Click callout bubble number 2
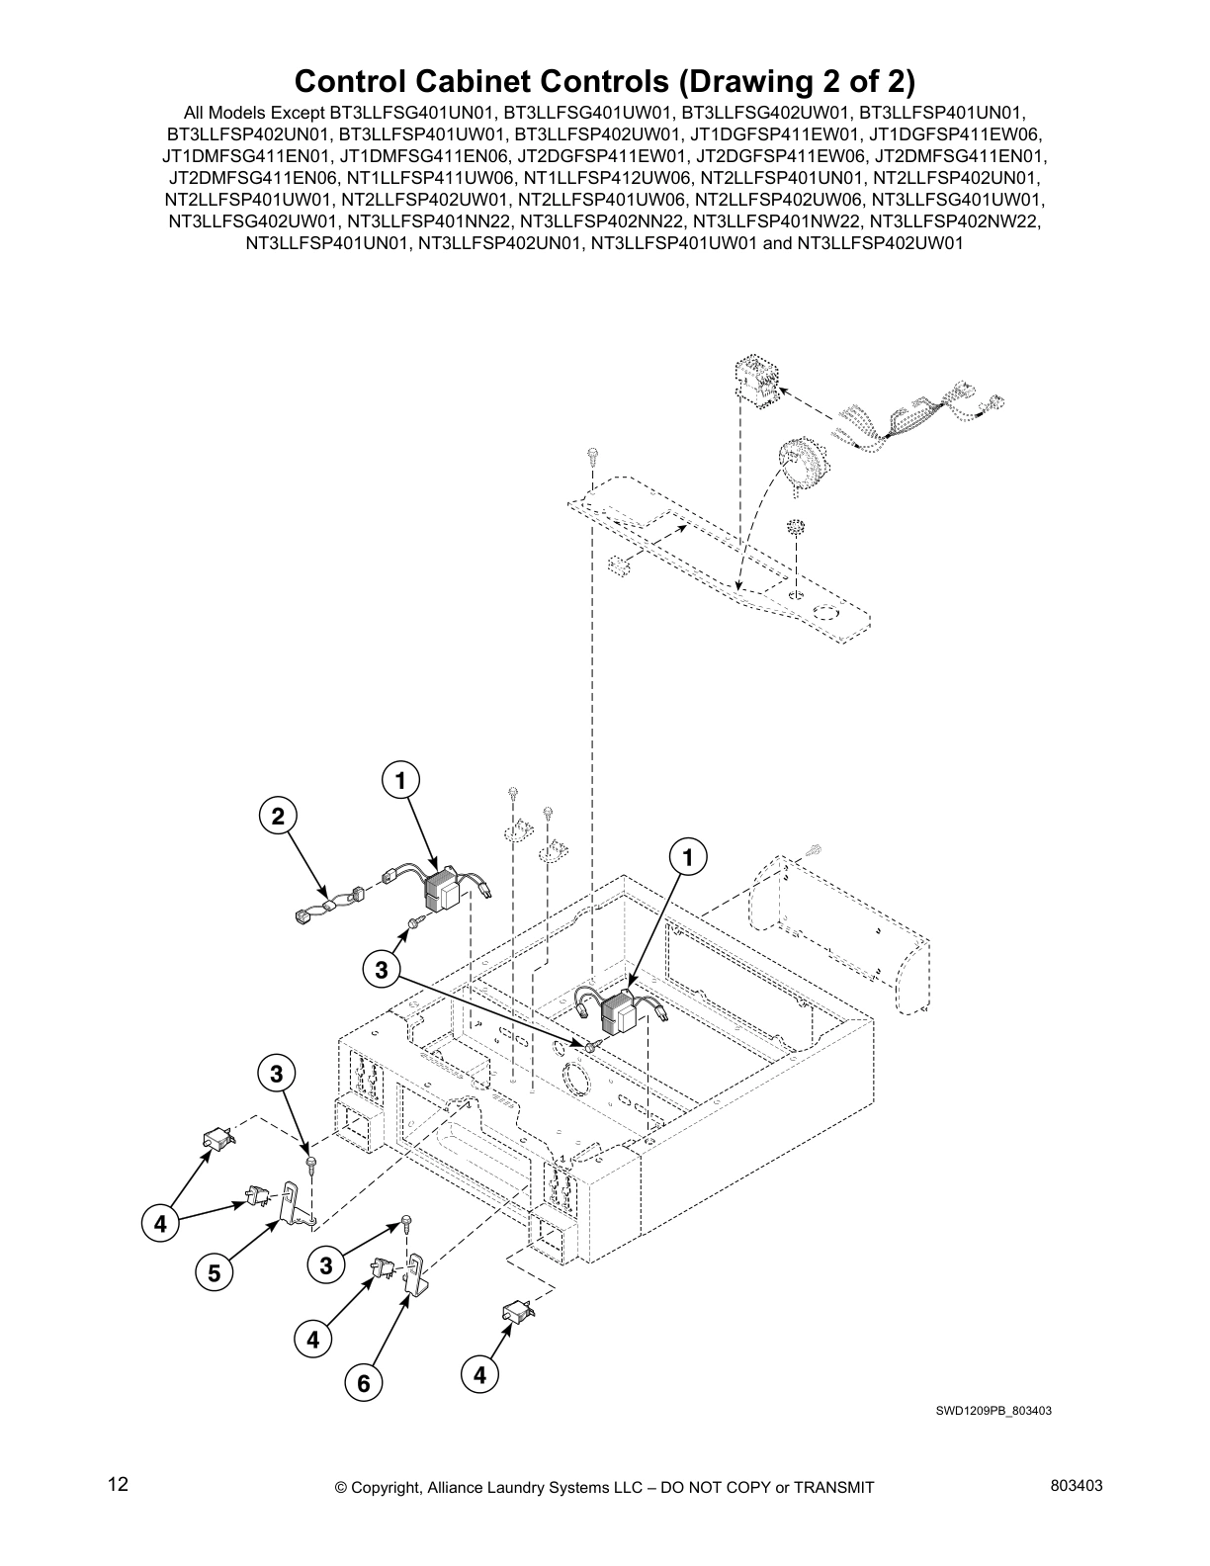pos(278,816)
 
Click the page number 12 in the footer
pos(118,1484)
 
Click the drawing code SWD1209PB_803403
pos(994,1411)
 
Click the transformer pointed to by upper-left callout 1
pos(442,893)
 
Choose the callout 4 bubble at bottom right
pos(480,1374)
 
